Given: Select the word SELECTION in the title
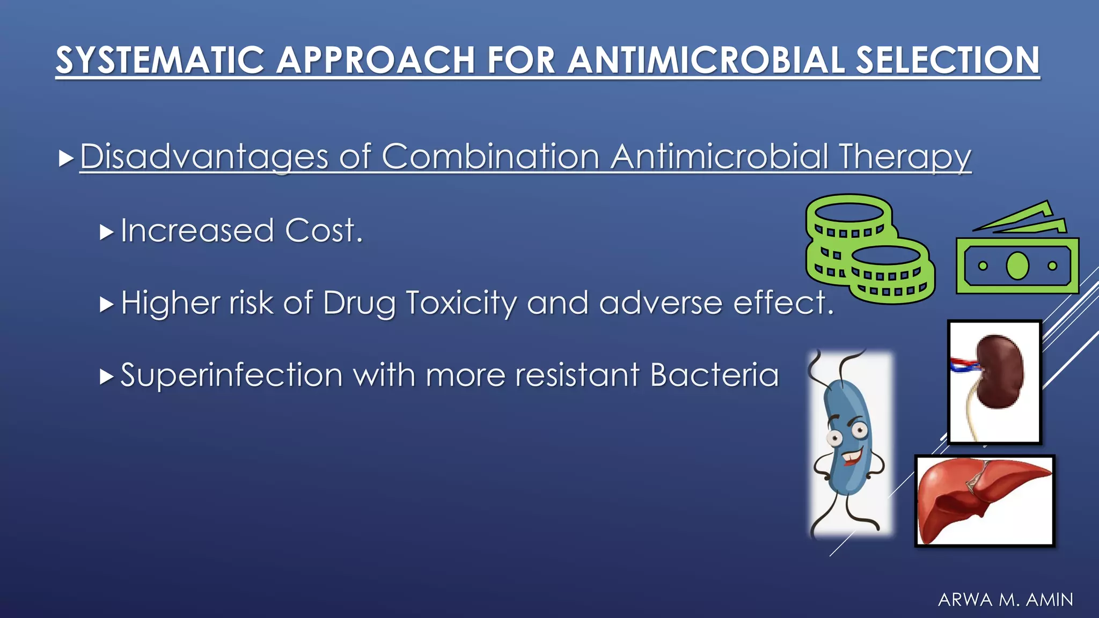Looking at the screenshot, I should [x=948, y=60].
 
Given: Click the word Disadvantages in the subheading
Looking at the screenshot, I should [x=204, y=157].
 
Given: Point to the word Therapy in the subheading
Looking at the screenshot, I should [x=905, y=157].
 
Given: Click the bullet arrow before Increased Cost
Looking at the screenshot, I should [x=107, y=232].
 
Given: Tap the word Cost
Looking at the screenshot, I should [x=324, y=231].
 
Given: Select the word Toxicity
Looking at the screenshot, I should [x=461, y=303].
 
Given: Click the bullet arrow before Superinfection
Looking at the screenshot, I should [x=107, y=377].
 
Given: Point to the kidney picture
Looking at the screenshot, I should [x=995, y=381].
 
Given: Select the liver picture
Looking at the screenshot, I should [x=984, y=501].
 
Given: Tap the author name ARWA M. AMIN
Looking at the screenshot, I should [x=1006, y=599].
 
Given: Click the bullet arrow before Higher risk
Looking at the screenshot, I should [x=107, y=305].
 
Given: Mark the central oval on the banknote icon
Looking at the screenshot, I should [x=1017, y=266].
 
